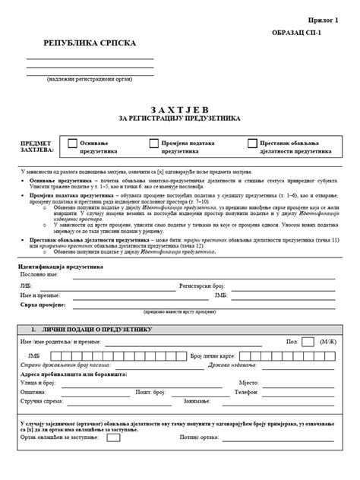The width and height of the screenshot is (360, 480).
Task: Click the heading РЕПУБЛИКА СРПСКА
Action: point(90,43)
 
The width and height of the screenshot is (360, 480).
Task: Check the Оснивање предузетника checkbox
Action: point(73,143)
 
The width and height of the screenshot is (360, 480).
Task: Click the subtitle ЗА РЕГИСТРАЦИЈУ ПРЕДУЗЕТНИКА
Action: point(179,119)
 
